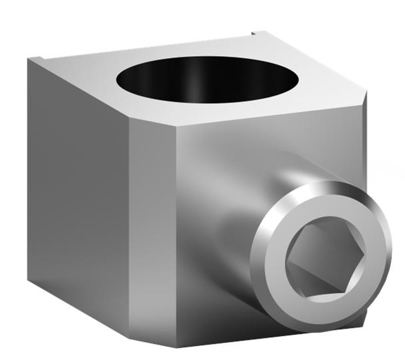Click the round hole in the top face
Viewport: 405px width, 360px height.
209,79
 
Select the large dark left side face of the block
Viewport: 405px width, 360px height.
77,195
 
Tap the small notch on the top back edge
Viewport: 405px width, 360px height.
253,32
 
